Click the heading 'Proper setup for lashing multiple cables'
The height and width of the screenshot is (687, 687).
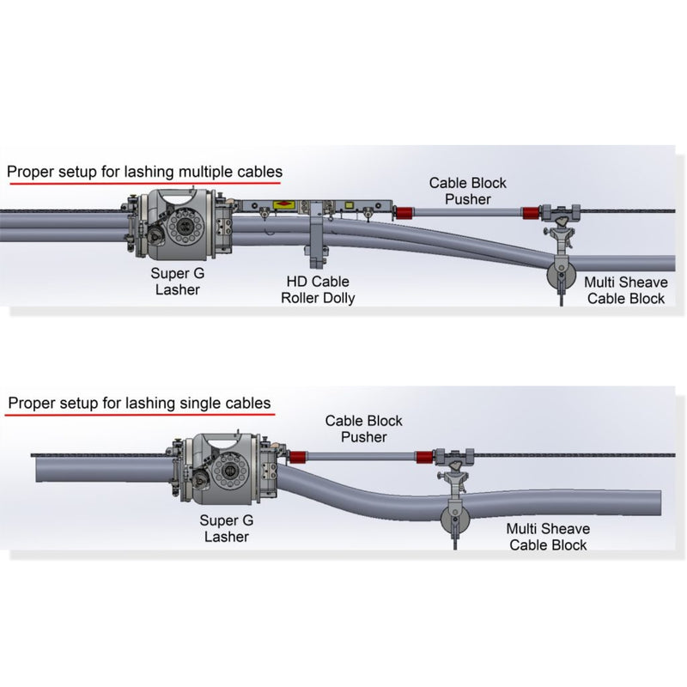tap(144, 172)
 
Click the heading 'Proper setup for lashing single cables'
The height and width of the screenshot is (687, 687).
tap(139, 403)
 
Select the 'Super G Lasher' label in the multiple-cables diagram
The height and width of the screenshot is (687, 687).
tap(178, 282)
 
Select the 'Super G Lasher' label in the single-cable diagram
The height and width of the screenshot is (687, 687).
tap(226, 528)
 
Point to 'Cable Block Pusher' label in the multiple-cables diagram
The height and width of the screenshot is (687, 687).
tap(468, 191)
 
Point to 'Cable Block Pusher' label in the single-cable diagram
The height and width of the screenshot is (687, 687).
tap(363, 429)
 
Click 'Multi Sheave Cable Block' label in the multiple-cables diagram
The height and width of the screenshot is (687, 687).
tap(624, 290)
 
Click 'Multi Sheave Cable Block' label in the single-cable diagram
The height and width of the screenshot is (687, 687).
tap(548, 537)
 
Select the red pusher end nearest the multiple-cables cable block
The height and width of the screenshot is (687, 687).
tap(531, 212)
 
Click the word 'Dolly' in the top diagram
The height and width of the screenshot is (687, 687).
tap(338, 298)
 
